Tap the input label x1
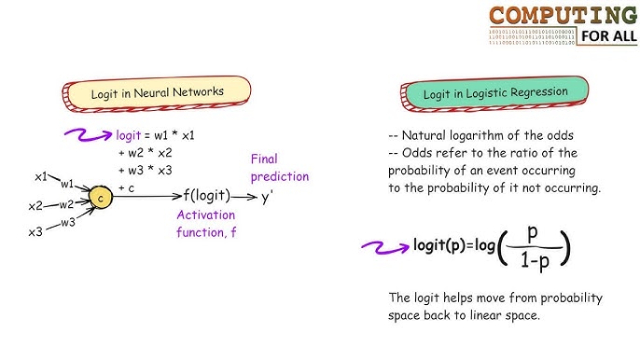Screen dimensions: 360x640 42,176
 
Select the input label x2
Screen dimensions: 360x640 36,206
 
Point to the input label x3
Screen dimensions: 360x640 35,231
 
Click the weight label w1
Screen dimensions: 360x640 68,184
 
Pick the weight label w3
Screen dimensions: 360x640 67,223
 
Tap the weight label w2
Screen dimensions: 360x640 66,204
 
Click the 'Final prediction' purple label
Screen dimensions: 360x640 278,167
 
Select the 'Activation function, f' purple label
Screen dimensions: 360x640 207,224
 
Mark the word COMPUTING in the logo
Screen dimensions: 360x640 563,16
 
